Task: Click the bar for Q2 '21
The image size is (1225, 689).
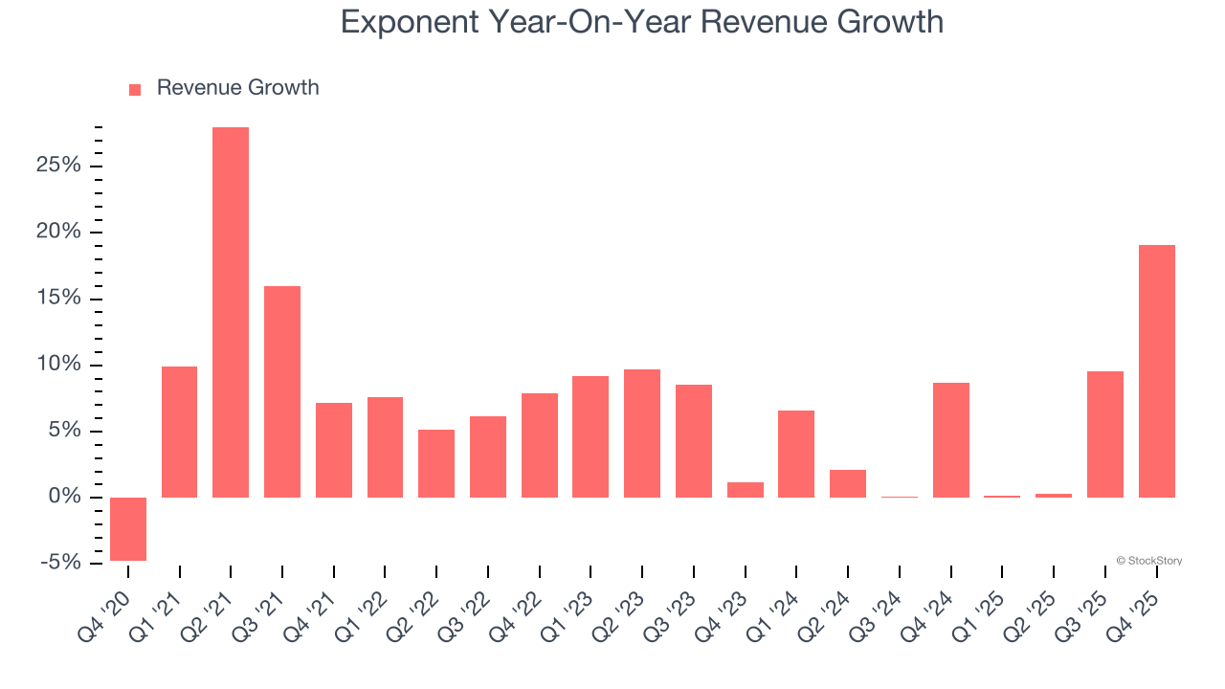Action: click(231, 312)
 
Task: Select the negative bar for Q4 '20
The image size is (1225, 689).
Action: click(128, 529)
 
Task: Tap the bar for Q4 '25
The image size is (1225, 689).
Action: click(1157, 371)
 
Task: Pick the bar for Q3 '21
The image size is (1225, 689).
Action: click(282, 391)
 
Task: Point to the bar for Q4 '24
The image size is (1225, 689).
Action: click(951, 440)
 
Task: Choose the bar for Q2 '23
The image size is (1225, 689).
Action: click(642, 433)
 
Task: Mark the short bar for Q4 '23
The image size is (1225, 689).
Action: click(746, 490)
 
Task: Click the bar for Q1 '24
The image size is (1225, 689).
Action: click(796, 454)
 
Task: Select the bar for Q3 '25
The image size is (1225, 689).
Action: click(1105, 434)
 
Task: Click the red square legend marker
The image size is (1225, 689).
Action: click(135, 90)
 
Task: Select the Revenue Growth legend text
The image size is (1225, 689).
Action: click(237, 88)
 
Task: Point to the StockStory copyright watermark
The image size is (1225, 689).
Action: click(1148, 561)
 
